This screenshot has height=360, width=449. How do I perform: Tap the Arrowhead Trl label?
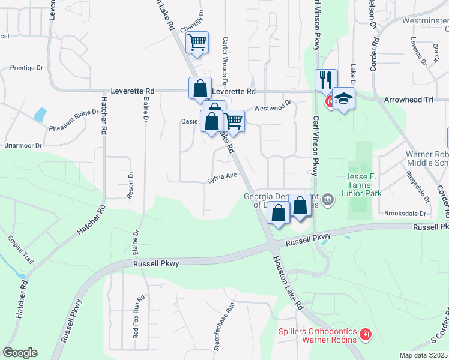(x=408, y=99)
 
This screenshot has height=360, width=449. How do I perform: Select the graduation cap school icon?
(x=343, y=98)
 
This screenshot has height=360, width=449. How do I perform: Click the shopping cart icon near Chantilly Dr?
(x=197, y=43)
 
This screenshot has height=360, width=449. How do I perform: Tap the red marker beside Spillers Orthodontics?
(x=365, y=334)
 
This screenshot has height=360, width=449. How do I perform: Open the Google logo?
(x=20, y=353)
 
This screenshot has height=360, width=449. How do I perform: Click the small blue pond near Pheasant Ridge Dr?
(x=41, y=113)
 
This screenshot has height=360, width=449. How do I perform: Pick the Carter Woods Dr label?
(x=225, y=60)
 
